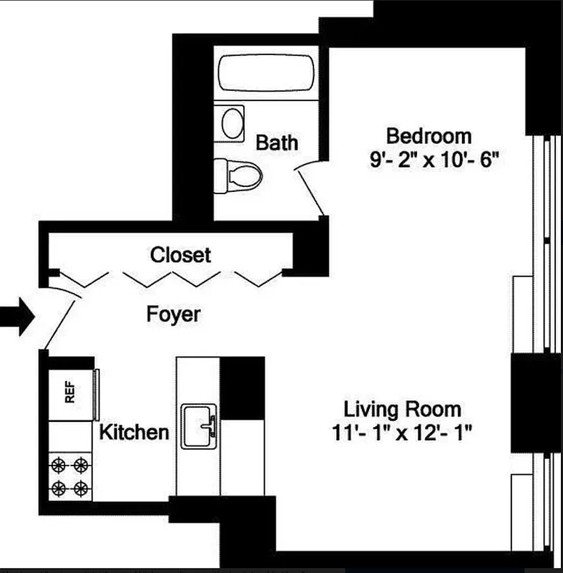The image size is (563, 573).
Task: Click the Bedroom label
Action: (429, 135)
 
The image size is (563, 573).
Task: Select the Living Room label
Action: (402, 410)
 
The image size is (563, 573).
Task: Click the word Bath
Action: (277, 142)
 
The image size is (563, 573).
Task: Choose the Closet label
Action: (180, 254)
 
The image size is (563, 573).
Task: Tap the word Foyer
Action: (173, 314)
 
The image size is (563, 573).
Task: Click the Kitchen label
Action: (134, 432)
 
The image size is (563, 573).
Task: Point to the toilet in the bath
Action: (239, 173)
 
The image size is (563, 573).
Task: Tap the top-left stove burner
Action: (59, 465)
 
